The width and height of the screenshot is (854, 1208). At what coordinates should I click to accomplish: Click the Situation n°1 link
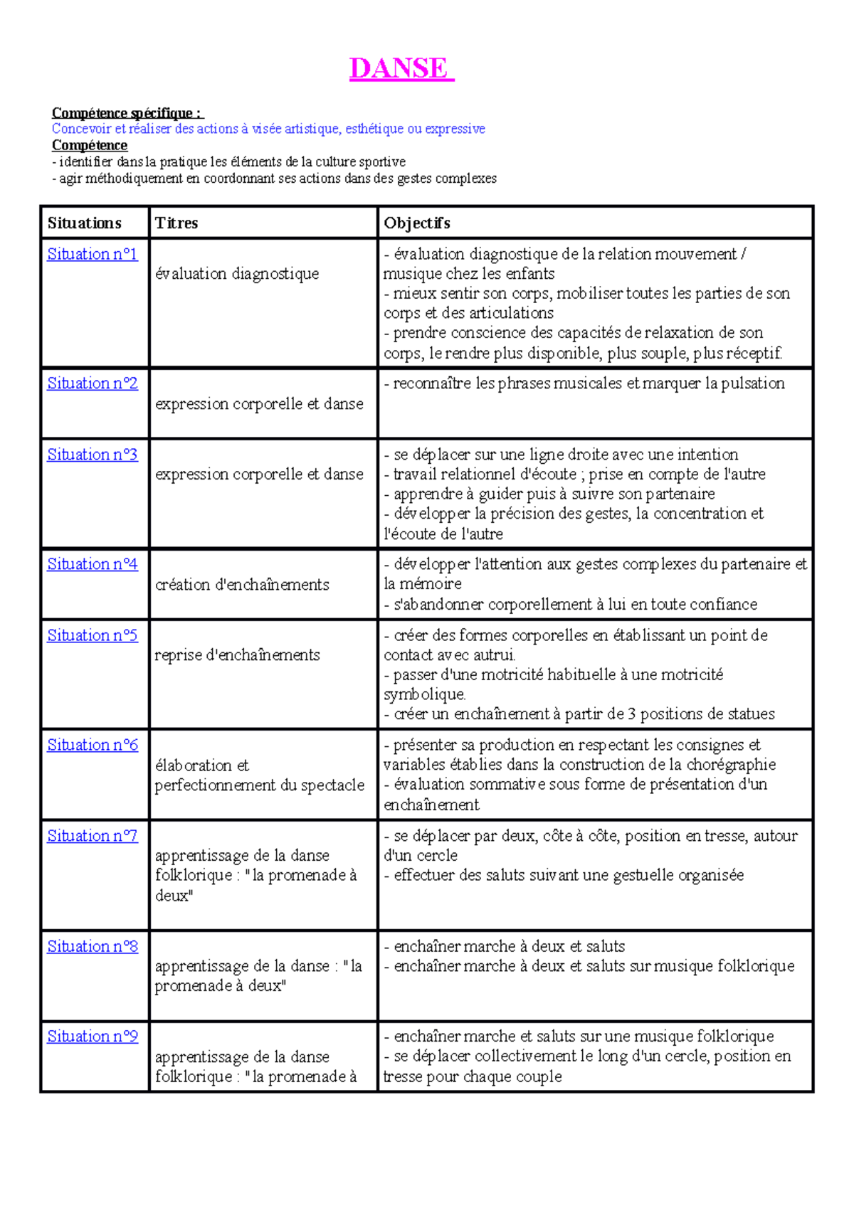[x=92, y=254]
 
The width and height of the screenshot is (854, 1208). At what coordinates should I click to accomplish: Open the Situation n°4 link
[x=92, y=564]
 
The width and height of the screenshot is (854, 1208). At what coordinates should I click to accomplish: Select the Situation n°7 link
[x=92, y=836]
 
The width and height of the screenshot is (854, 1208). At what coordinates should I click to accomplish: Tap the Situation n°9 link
[x=92, y=1037]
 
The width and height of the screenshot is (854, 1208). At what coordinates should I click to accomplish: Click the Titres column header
[x=176, y=223]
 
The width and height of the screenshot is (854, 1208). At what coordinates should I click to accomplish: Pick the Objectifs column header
[x=417, y=223]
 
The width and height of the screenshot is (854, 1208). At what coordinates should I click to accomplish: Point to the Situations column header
[x=84, y=223]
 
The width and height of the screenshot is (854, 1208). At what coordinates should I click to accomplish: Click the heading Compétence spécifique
[x=127, y=113]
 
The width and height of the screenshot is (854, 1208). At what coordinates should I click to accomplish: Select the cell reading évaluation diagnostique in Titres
[x=237, y=274]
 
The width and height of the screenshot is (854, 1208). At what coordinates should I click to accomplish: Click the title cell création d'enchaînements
[x=242, y=585]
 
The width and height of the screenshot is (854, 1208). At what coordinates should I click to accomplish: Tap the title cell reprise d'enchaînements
[x=237, y=655]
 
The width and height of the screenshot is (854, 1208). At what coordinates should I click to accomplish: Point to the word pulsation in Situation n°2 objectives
[x=753, y=383]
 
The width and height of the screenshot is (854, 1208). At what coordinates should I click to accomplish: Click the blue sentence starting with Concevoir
[x=268, y=129]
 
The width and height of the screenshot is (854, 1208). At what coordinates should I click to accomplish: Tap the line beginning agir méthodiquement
[x=274, y=179]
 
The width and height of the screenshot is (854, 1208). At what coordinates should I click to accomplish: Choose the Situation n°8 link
[x=92, y=947]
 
